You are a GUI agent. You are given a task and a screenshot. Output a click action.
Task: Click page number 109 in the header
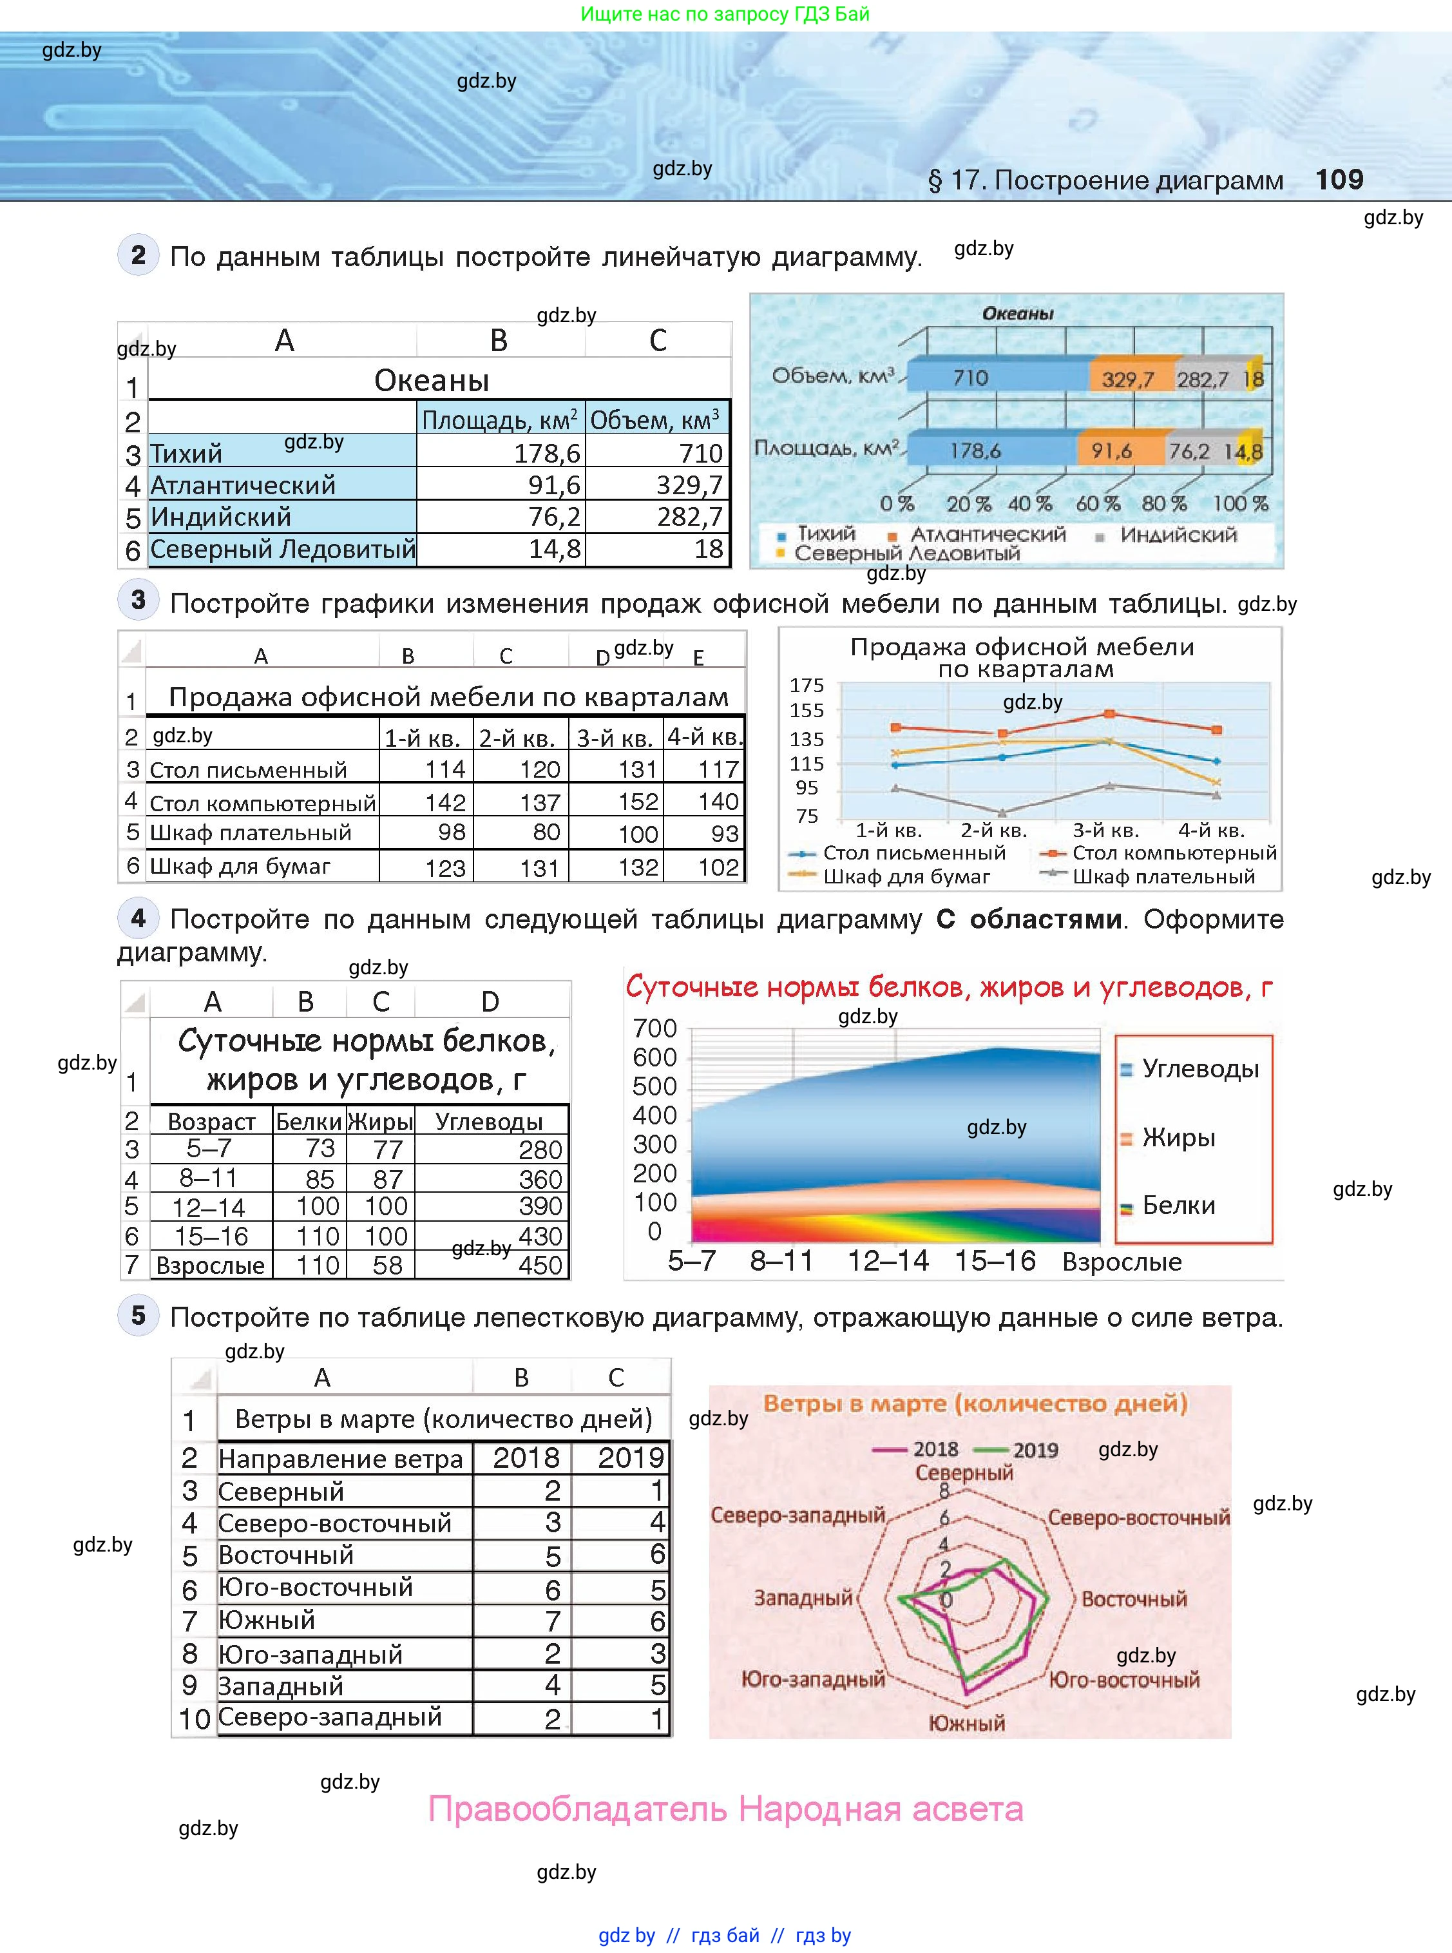[1339, 179]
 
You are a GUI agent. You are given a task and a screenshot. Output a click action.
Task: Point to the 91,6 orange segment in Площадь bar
[1111, 451]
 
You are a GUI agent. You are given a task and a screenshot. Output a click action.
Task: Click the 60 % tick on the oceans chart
[1098, 504]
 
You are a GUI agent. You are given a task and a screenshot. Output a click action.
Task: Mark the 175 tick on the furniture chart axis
[807, 685]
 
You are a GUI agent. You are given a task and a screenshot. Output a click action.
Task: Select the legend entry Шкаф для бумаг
[906, 876]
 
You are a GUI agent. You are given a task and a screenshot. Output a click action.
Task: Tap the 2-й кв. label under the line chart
[993, 831]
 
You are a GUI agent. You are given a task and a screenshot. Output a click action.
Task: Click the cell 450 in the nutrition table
[540, 1265]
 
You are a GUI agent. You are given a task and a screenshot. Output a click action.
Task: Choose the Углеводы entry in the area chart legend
[1199, 1069]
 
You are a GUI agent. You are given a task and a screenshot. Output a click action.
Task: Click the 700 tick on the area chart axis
[654, 1028]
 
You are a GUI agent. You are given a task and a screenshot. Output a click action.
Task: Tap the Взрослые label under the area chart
[1122, 1262]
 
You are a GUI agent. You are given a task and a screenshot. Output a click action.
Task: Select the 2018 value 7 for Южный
[552, 1621]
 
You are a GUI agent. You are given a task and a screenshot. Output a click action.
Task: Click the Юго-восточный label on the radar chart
[1124, 1680]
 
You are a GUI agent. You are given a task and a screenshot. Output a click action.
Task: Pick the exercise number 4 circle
[138, 918]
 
